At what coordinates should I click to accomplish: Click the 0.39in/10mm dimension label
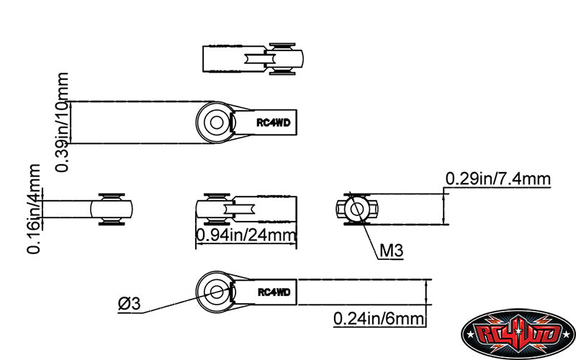pyautogui.click(x=62, y=122)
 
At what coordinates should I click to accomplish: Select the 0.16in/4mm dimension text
pyautogui.click(x=33, y=209)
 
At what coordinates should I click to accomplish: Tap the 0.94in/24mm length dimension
pyautogui.click(x=246, y=235)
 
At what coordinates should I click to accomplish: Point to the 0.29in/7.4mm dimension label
pyautogui.click(x=498, y=179)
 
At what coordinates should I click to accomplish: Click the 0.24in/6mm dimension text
pyautogui.click(x=379, y=318)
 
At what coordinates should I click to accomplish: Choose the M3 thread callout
pyautogui.click(x=391, y=251)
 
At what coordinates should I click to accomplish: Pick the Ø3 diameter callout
pyautogui.click(x=130, y=304)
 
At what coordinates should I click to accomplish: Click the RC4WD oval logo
pyautogui.click(x=518, y=333)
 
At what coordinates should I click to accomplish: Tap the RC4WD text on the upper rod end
pyautogui.click(x=274, y=122)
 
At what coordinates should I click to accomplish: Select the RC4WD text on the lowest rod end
pyautogui.click(x=274, y=292)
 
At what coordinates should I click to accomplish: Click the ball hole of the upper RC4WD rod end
pyautogui.click(x=217, y=122)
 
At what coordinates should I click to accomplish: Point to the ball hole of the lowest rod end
pyautogui.click(x=217, y=292)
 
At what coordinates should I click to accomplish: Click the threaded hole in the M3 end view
pyautogui.click(x=357, y=209)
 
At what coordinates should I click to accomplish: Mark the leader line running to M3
pyautogui.click(x=364, y=225)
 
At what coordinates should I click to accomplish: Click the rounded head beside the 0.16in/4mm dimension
pyautogui.click(x=112, y=209)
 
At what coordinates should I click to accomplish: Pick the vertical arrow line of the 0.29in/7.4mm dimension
pyautogui.click(x=444, y=209)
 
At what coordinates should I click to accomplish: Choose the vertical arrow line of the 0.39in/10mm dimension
pyautogui.click(x=71, y=122)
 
